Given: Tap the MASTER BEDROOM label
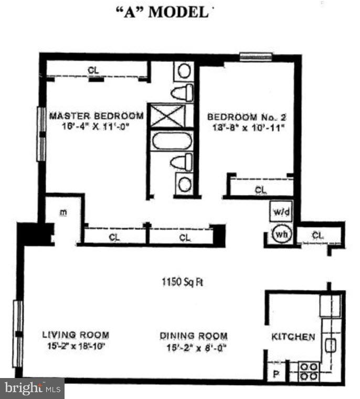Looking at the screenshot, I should (x=96, y=116).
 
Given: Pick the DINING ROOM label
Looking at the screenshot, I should (x=194, y=336).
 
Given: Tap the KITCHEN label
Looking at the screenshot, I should (x=293, y=337).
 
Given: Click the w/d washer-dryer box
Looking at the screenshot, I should (x=279, y=212).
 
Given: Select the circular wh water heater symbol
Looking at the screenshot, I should (x=280, y=234).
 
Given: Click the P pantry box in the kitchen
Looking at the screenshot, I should (x=276, y=374).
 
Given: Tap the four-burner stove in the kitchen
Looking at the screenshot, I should (x=309, y=371).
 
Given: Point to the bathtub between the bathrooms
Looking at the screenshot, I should (x=172, y=142).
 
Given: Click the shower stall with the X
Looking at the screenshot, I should (x=168, y=116).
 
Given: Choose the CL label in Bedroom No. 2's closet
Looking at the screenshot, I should (x=261, y=190).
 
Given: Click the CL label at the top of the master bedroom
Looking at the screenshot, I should (x=93, y=70).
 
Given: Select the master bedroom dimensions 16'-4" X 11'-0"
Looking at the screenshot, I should (x=96, y=126).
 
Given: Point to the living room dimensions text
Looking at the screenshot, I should (x=76, y=346).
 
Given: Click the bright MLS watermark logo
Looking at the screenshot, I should (x=33, y=389).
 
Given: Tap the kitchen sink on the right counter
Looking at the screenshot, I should (x=331, y=345).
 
